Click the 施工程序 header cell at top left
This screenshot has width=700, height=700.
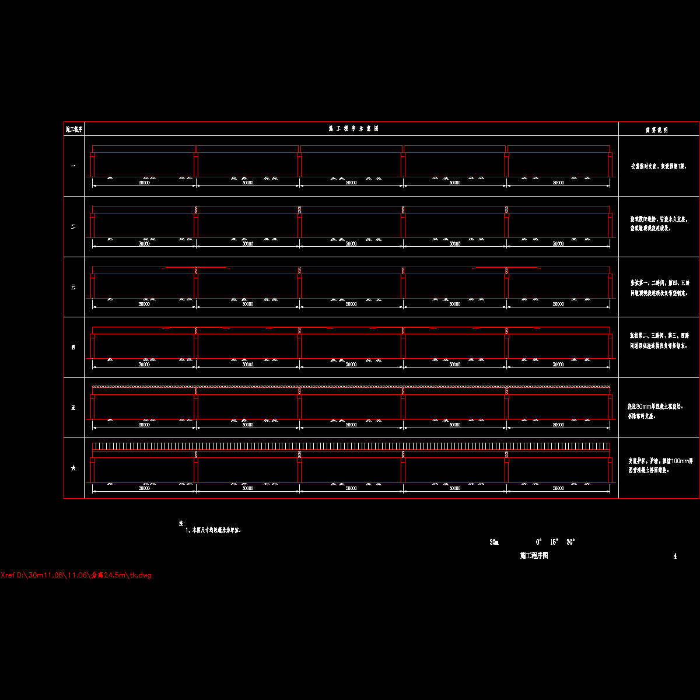74,129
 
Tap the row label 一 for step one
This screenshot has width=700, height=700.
73,166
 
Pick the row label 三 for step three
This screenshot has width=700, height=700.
73,287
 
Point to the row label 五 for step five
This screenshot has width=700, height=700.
73,408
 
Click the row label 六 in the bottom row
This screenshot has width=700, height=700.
73,468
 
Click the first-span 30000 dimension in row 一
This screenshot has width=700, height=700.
144,183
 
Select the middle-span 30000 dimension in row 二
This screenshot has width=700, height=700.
351,244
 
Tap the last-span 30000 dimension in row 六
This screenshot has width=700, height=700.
558,488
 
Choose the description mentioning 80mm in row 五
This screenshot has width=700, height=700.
655,411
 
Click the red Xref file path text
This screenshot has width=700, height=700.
76,575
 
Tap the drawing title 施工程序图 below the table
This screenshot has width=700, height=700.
534,556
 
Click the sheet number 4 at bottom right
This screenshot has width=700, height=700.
675,556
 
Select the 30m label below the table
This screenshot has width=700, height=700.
494,542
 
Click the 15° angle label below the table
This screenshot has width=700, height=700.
554,542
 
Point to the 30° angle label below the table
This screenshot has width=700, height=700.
570,542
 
